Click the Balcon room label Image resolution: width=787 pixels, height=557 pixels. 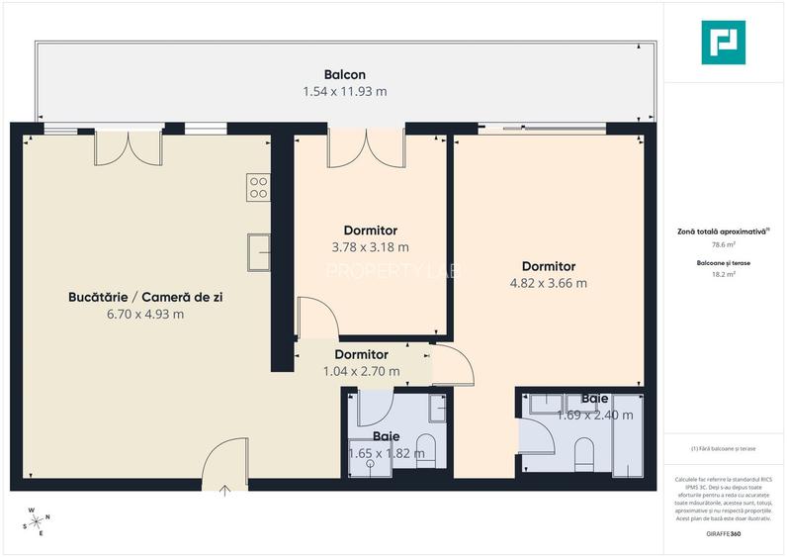(x=344, y=74)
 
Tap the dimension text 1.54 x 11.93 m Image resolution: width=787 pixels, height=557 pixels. (x=344, y=91)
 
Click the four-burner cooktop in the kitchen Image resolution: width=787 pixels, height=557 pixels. (x=259, y=187)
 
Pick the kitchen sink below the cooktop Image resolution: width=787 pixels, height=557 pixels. (x=259, y=251)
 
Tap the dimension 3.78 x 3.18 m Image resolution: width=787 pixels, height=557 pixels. (x=371, y=247)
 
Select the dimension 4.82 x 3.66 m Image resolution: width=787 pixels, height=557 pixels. (x=548, y=283)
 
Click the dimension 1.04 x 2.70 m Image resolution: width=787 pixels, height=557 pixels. (x=361, y=371)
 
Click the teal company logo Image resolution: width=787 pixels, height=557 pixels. (x=723, y=43)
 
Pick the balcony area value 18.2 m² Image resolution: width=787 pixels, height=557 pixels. (x=724, y=276)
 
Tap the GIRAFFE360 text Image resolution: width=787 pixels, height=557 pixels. (x=723, y=534)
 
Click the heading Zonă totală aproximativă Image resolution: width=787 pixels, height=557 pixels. (x=722, y=230)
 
